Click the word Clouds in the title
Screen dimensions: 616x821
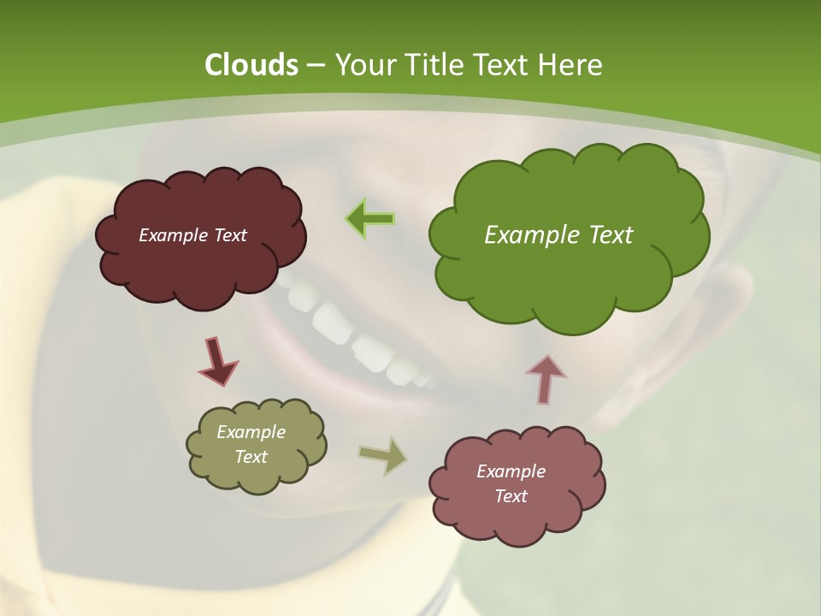[251, 65]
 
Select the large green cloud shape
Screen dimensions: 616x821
[568, 282]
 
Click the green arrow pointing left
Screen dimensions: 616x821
[370, 218]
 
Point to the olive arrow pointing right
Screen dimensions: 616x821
[383, 455]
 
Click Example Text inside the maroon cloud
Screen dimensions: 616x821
[192, 235]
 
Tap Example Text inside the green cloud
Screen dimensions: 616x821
[558, 235]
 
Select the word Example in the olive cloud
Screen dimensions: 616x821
[251, 432]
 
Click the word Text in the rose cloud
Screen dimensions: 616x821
[511, 496]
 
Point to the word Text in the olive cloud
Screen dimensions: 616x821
[251, 457]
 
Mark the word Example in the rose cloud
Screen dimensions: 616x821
[511, 471]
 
